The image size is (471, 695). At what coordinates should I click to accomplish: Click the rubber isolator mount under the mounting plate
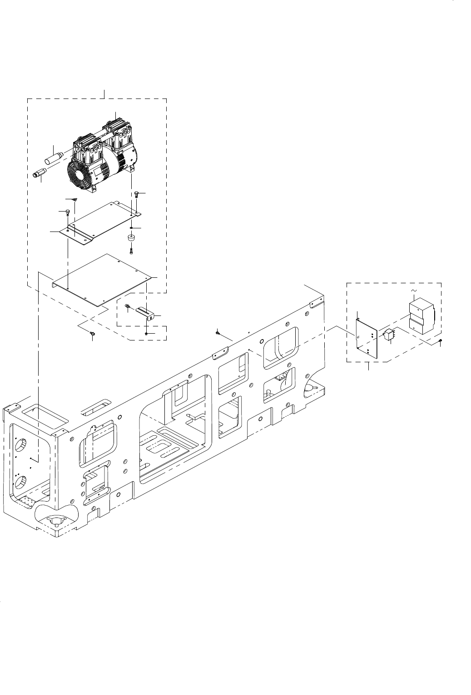coord(131,237)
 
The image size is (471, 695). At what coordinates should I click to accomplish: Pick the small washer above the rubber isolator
coord(131,227)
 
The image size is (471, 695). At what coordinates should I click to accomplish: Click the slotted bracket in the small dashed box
coord(145,312)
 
